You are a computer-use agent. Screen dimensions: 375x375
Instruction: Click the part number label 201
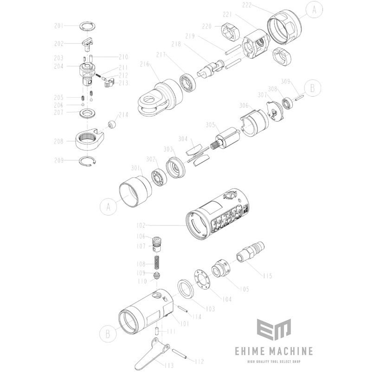[59, 26]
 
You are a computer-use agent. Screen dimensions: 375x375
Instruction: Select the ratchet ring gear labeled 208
[90, 140]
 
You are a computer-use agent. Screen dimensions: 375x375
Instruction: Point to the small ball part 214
[112, 125]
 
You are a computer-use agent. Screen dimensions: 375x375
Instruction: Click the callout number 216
[145, 64]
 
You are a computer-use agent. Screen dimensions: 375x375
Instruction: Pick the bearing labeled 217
[189, 83]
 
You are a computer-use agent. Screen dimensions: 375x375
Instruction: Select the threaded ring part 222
[284, 27]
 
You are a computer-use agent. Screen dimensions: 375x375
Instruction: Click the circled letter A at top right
[314, 10]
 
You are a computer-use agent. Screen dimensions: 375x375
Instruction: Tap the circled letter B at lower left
[108, 334]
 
